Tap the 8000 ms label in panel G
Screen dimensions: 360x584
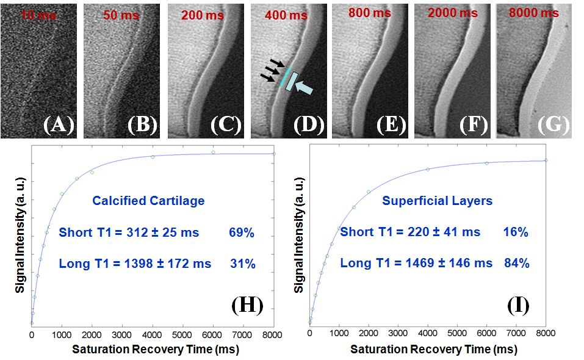pyautogui.click(x=536, y=13)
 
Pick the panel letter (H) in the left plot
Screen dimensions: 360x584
pyautogui.click(x=247, y=305)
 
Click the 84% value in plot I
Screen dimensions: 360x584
pyautogui.click(x=516, y=264)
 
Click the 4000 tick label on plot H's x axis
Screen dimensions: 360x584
pyautogui.click(x=152, y=336)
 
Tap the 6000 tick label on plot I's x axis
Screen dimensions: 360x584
pyautogui.click(x=486, y=336)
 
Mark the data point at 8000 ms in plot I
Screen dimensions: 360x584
pyautogui.click(x=546, y=160)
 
